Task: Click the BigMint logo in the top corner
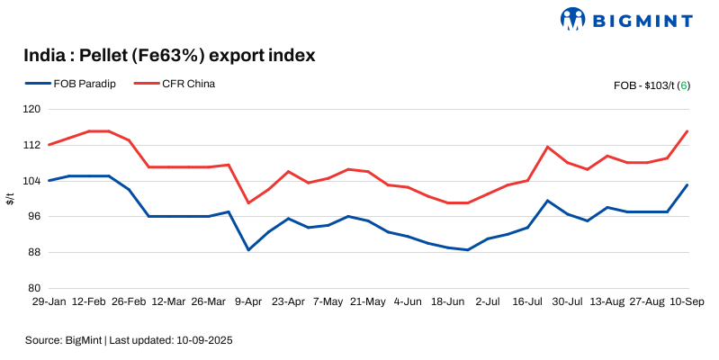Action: (627, 19)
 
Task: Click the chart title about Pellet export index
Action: (169, 56)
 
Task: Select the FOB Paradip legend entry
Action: (73, 85)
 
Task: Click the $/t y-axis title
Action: (10, 198)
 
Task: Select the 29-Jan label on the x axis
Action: (47, 301)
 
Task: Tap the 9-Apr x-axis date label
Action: (248, 301)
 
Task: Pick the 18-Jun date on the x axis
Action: (447, 301)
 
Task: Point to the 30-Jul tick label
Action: (568, 301)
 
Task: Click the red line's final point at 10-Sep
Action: (688, 131)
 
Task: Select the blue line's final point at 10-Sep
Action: (688, 185)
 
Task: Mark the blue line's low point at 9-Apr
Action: (248, 249)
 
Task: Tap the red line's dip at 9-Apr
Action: (248, 202)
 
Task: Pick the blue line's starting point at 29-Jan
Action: (48, 181)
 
